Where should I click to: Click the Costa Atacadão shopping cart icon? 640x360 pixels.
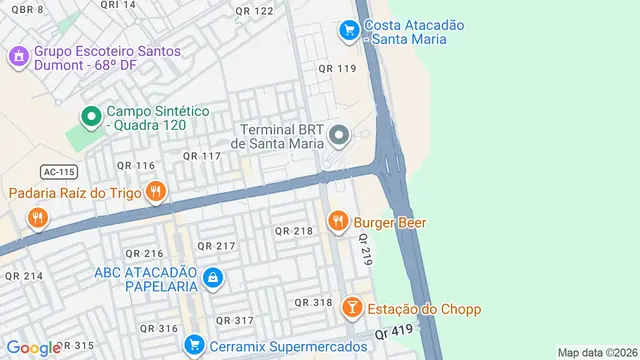348,31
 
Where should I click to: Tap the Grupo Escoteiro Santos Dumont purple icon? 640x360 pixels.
18,56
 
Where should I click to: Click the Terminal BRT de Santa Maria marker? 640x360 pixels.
340,134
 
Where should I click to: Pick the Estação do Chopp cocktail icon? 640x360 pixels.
352,308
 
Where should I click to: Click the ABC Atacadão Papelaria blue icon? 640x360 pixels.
211,277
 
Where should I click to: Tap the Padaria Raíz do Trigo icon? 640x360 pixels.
154,191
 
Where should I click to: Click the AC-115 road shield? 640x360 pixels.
58,171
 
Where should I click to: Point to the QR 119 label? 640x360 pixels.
337,69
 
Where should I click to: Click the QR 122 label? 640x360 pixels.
254,11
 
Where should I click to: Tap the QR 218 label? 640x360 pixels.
294,231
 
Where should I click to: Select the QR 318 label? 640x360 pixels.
313,302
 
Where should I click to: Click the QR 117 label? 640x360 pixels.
201,156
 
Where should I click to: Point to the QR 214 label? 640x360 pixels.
24,275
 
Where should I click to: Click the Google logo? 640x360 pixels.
33,347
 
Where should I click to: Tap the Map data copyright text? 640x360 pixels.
597,353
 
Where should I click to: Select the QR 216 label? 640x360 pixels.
140,254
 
